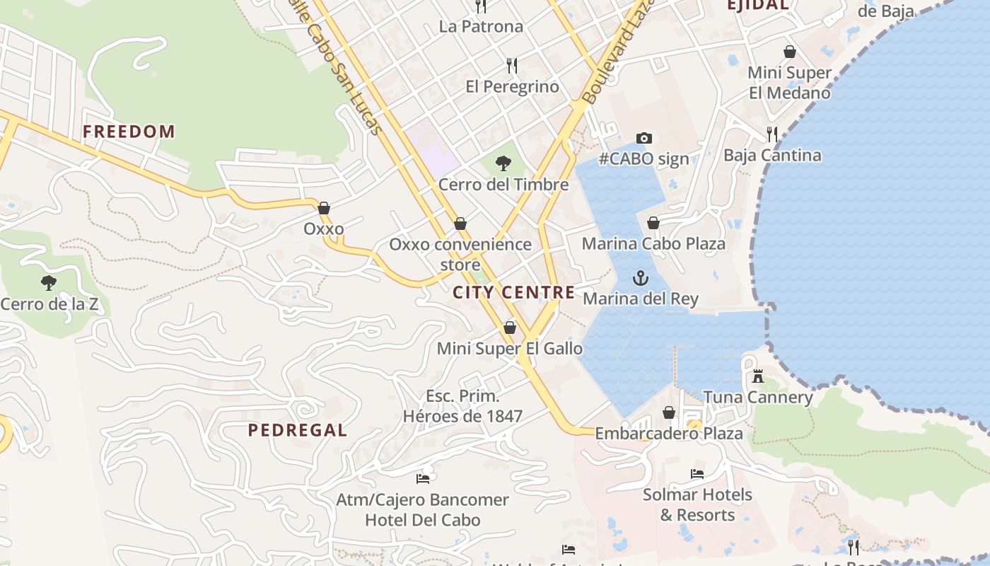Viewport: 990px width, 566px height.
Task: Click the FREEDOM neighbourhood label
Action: coord(129,132)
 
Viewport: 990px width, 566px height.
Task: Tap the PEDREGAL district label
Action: coord(297,430)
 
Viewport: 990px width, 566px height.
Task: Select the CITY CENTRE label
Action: coord(514,292)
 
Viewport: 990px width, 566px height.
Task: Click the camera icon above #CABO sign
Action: coord(643,138)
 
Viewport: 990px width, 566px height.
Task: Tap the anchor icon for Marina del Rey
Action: coord(641,278)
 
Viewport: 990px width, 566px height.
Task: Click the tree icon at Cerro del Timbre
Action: coord(503,164)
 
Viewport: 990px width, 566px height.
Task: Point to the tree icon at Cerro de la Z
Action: coord(49,284)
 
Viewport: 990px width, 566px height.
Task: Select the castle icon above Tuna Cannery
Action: coord(758,376)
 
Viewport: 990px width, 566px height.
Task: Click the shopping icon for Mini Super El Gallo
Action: coord(509,328)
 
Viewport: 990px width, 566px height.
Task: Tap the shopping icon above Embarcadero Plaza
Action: coord(669,412)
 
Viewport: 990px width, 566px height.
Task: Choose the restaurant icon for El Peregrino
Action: coord(512,66)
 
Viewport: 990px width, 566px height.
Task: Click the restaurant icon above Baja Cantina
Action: coord(772,134)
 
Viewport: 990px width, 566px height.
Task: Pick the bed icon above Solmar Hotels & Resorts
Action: coord(697,474)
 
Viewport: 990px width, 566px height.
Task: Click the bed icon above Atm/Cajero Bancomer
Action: coord(423,479)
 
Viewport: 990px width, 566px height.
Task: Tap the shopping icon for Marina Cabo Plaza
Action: coord(653,223)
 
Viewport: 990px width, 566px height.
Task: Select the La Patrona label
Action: coord(481,27)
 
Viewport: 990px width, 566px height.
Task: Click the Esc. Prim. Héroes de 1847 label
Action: coord(462,406)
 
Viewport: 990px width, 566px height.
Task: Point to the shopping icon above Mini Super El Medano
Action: coord(790,52)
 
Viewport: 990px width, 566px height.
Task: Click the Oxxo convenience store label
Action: coord(460,254)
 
